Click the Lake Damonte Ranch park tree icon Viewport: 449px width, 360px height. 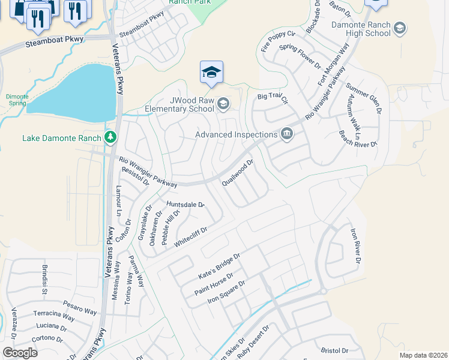click(x=110, y=137)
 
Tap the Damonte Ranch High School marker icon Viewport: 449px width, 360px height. click(x=399, y=28)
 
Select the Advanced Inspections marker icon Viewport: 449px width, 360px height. click(x=286, y=134)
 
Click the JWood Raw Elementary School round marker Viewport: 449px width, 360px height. click(x=223, y=105)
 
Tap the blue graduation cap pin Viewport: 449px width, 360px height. click(x=211, y=73)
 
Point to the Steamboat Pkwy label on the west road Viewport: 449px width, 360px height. click(x=55, y=42)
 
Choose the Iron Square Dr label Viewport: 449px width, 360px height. click(x=226, y=292)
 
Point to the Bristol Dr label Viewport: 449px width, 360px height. click(x=334, y=350)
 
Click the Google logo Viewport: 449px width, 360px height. click(x=20, y=352)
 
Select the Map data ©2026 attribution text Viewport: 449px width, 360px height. click(x=423, y=355)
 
